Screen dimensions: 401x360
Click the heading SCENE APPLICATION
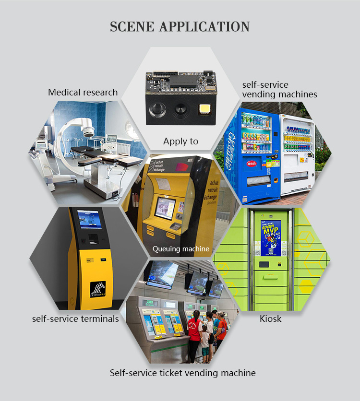coord(180,26)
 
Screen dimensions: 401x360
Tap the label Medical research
coord(83,92)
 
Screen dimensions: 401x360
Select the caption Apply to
coord(180,141)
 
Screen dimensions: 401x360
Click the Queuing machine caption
coord(181,249)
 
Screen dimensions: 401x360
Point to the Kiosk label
coord(270,318)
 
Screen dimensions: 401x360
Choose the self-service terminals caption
coord(75,318)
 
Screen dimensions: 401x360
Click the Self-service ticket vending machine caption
coord(182,373)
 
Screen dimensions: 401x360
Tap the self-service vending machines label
coord(279,90)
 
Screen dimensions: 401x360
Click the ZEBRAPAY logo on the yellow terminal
coord(98,289)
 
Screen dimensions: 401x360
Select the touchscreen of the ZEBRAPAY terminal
coord(89,220)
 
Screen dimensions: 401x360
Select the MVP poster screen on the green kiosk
coord(271,237)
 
